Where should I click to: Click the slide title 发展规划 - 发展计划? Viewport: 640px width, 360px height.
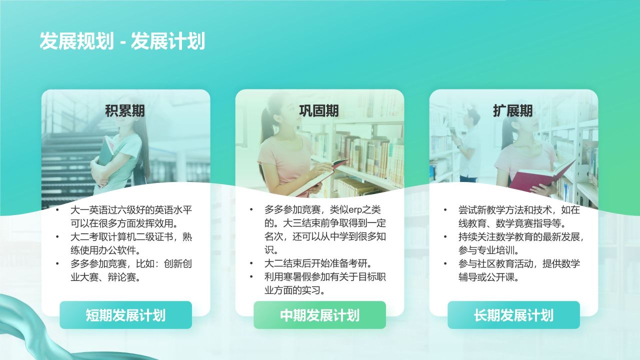coord(122,41)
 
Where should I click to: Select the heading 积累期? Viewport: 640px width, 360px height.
coord(125,110)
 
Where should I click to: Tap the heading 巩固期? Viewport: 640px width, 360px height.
coord(319,110)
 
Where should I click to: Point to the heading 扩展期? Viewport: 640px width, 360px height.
coord(513,110)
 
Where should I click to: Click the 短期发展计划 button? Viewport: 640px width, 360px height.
coord(125,315)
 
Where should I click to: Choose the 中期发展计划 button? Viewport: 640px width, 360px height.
coord(319,315)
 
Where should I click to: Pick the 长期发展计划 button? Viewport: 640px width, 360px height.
coord(513,315)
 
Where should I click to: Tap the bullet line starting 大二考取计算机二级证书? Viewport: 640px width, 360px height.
coord(131,237)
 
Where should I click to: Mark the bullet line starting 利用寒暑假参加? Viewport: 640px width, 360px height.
coord(325,277)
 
